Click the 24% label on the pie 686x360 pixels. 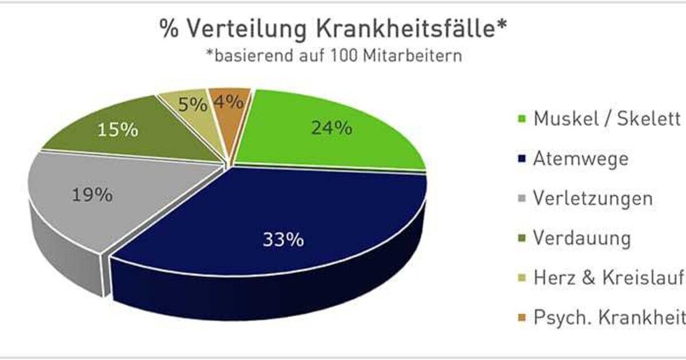332,129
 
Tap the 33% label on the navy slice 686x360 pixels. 283,239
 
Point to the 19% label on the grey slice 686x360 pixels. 92,195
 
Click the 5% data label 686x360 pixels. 192,104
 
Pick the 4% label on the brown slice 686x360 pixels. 228,102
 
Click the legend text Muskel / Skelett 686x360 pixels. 606,119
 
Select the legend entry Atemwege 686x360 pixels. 580,158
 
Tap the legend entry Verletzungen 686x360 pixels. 592,198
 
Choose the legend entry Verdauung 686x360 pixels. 582,238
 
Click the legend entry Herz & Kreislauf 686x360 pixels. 609,278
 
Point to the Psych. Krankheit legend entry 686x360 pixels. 609,318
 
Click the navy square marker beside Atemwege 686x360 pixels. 521,160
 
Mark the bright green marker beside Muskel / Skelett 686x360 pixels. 521,120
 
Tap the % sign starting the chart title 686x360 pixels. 167,29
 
